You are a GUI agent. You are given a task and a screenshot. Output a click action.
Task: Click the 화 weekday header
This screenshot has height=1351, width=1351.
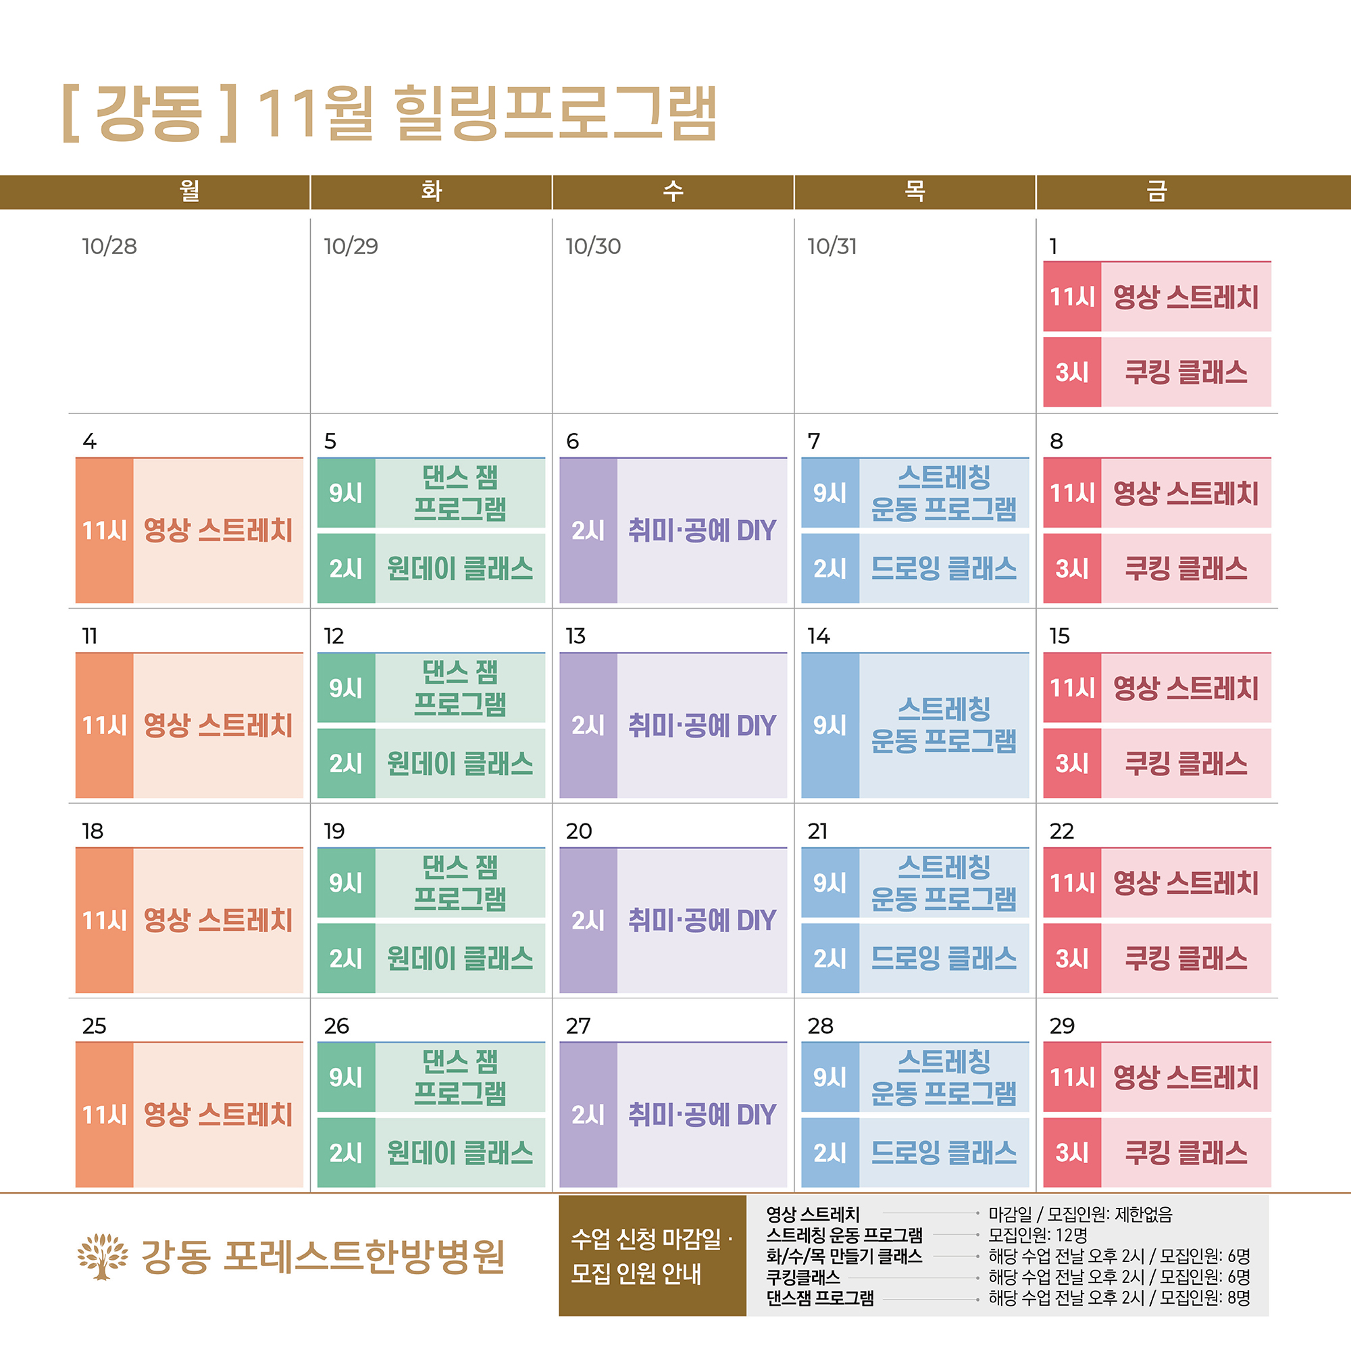coord(431,191)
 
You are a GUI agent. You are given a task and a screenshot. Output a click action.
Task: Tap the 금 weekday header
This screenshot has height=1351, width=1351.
coord(1156,191)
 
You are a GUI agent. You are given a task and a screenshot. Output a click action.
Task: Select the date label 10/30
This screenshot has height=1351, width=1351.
coord(593,246)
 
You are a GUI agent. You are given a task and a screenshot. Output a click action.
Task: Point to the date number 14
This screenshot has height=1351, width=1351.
coord(818,636)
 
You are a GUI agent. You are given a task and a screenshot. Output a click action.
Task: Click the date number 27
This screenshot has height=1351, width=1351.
coord(578,1026)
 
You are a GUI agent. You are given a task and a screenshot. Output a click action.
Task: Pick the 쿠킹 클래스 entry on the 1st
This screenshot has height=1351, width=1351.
coord(1186,372)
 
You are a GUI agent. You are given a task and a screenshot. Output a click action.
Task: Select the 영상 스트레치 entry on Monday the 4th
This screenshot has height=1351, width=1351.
coord(218,530)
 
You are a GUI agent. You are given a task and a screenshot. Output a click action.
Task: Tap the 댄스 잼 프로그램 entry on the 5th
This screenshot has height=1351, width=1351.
coord(459,493)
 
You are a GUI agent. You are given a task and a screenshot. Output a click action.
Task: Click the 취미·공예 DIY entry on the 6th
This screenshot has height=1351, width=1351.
coord(701,530)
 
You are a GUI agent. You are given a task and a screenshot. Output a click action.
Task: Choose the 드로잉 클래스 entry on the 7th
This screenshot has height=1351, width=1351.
coord(943,569)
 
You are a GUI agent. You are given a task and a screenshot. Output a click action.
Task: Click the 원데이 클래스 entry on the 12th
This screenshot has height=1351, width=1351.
coord(459,763)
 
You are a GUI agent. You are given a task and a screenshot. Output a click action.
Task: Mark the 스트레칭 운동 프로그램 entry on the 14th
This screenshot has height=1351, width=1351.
coord(943,725)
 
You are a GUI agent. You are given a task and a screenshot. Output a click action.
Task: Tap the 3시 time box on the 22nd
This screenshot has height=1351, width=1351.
coord(1072,958)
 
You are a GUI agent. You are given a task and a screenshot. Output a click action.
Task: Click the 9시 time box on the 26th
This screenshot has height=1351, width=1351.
coord(346,1077)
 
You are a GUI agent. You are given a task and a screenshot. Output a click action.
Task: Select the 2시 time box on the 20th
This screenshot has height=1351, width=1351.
coord(588,920)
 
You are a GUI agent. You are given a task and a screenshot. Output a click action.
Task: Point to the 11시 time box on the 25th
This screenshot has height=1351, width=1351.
coord(104,1115)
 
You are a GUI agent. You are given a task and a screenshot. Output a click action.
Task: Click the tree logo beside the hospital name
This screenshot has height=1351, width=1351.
coord(103,1256)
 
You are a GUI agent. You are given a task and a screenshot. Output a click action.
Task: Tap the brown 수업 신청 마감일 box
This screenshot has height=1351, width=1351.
coord(652,1256)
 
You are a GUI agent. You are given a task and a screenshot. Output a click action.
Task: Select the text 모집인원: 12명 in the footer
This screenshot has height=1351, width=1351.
coord(1038,1235)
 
